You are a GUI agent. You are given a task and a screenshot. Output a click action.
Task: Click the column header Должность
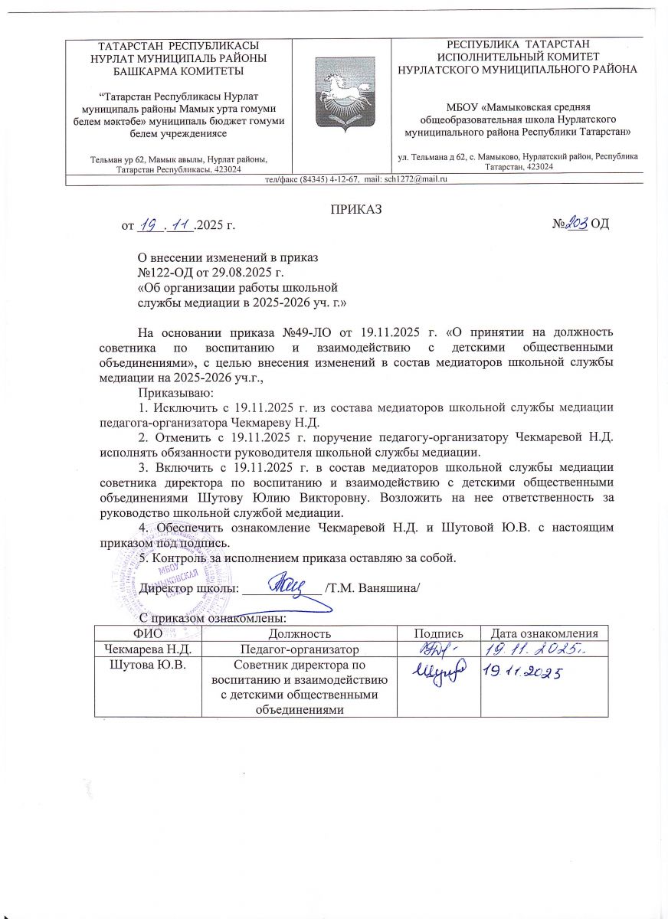click(300, 633)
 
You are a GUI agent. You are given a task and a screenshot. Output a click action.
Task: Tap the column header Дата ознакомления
click(544, 633)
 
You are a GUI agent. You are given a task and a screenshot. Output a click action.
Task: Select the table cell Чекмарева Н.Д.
click(146, 649)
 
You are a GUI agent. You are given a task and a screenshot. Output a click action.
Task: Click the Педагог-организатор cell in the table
click(300, 649)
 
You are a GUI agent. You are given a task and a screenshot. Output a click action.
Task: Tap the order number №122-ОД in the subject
click(163, 273)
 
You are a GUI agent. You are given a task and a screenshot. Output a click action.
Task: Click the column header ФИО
click(148, 633)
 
